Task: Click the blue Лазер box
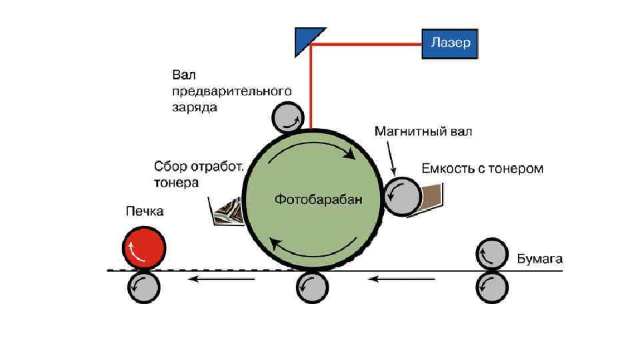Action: tap(450, 43)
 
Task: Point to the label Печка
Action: tap(145, 211)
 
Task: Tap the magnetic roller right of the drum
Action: tap(401, 196)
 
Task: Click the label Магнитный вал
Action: tap(423, 131)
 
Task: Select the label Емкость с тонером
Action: tap(482, 168)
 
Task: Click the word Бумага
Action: tap(540, 257)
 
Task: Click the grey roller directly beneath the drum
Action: tap(311, 287)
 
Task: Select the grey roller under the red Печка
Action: tap(143, 287)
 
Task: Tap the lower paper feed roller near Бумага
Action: tap(492, 287)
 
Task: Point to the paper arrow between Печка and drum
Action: tap(221, 279)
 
